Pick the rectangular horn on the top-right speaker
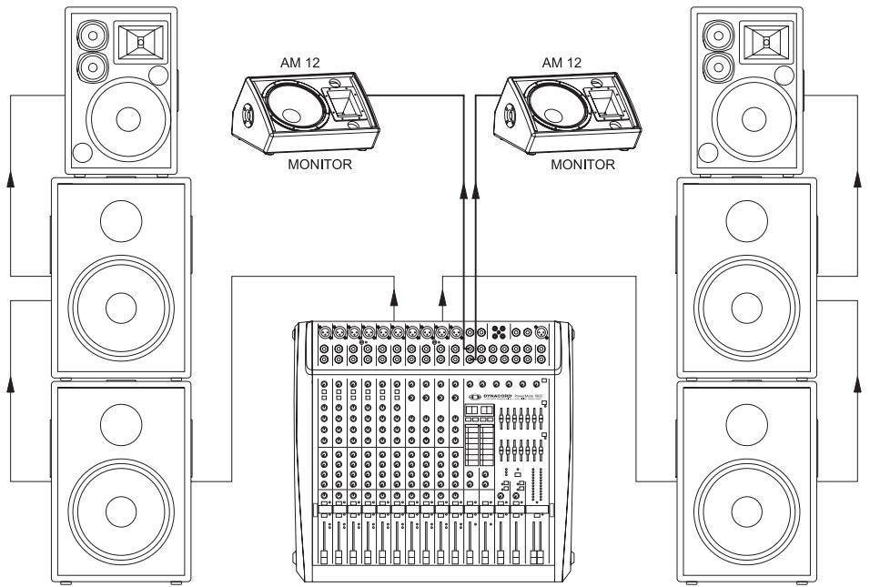764,42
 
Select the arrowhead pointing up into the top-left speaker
12,182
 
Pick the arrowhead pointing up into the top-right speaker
857,182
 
